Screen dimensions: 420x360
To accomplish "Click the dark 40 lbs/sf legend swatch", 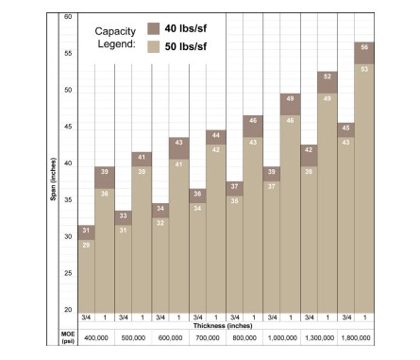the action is (154, 28).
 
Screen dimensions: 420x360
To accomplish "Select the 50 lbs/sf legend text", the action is (186, 47).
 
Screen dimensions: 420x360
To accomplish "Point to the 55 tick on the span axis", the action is (68, 53).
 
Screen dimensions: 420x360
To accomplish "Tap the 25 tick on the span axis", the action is (68, 273).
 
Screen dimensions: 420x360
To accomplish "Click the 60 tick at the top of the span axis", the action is (68, 17).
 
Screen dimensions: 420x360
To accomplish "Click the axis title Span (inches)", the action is (53, 179).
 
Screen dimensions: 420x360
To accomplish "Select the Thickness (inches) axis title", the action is (223, 326).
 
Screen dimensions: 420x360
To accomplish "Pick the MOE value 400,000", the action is (96, 338).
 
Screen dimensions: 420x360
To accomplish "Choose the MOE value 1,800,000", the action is (356, 338).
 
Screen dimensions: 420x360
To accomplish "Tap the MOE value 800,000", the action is (244, 338).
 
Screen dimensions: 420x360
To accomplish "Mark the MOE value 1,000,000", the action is (282, 338).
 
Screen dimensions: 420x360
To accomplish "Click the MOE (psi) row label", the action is (68, 337).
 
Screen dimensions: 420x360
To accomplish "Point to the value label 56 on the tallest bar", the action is (364, 47).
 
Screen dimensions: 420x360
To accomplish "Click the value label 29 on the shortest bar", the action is (86, 245).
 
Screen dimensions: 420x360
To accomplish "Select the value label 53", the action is (364, 69).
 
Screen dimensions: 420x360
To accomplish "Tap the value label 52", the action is (328, 77).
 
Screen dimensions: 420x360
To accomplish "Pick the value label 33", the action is (123, 215).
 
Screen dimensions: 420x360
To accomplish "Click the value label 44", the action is (216, 135).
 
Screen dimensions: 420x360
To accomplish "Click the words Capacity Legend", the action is (115, 38).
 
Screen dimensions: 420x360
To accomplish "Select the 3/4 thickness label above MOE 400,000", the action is (86, 317).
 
